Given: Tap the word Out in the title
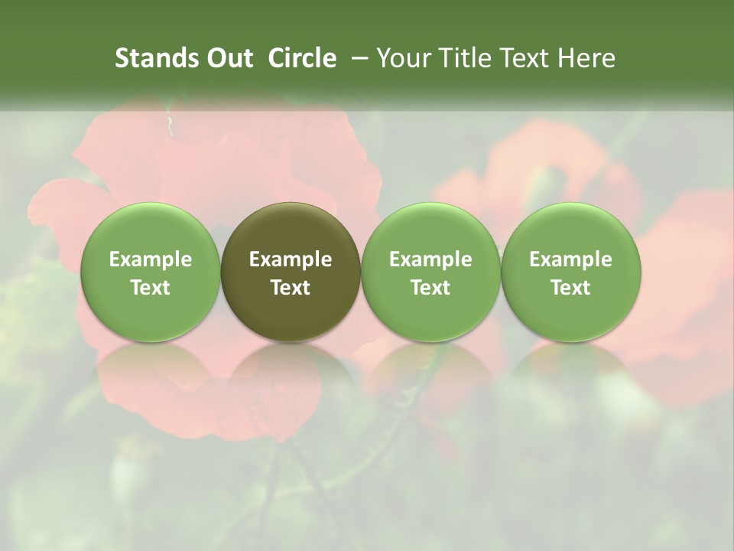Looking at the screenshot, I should [228, 58].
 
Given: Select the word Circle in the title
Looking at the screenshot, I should [302, 58].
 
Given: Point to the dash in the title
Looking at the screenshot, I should [357, 58].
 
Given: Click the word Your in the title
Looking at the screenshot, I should [404, 58].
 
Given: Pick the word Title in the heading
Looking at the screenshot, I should [462, 58].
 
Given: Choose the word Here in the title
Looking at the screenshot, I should [586, 58].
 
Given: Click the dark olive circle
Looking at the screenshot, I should [291, 272].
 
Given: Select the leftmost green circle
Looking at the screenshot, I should [151, 272].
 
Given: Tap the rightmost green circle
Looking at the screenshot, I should [570, 272].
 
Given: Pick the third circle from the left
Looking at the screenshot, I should [430, 272].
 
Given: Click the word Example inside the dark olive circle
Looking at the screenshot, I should [291, 259].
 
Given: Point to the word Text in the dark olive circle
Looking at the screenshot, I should [291, 288].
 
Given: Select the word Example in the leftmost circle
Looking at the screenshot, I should [151, 259].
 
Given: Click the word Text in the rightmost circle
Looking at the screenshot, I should [570, 288].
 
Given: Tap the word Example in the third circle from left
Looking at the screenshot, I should [430, 259].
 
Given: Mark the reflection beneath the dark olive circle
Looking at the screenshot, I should [291, 367].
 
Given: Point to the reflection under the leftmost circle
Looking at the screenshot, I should [151, 367].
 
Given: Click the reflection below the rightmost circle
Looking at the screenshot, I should [570, 367].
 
